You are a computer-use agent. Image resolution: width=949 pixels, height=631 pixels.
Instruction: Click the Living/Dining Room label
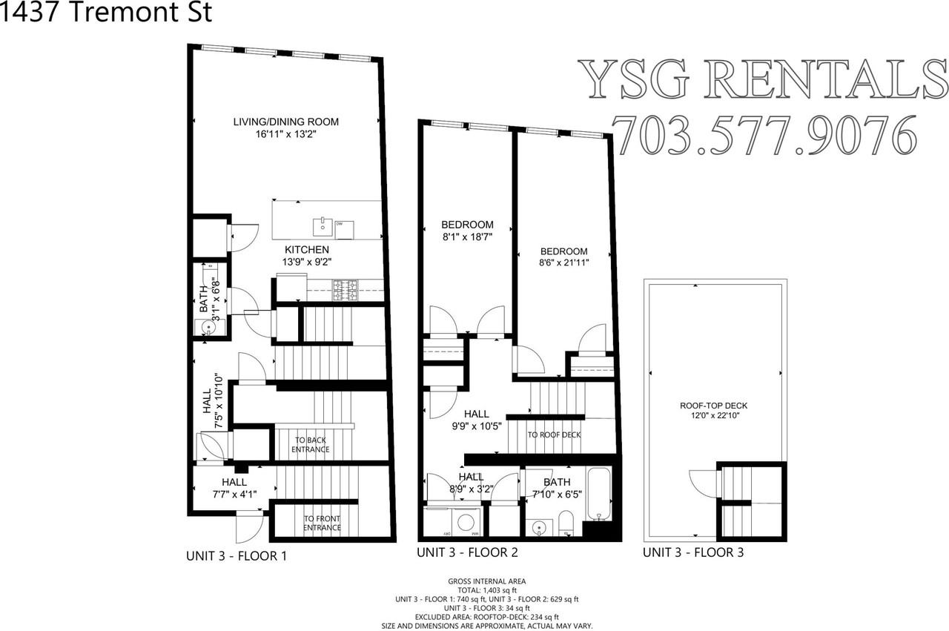pyautogui.click(x=285, y=122)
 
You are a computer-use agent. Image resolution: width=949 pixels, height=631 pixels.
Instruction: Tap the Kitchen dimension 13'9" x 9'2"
pyautogui.click(x=306, y=262)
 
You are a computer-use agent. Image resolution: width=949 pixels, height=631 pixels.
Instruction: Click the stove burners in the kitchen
pyautogui.click(x=345, y=289)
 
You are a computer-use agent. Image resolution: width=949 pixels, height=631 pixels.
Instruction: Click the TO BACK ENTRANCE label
pyautogui.click(x=310, y=445)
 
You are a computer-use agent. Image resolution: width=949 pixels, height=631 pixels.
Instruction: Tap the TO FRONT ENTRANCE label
pyautogui.click(x=322, y=523)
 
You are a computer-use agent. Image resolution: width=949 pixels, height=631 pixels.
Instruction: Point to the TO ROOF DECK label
pyautogui.click(x=554, y=435)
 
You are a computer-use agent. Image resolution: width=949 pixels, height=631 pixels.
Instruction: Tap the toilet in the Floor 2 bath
pyautogui.click(x=565, y=521)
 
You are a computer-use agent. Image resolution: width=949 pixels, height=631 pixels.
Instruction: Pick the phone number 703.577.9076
pyautogui.click(x=762, y=135)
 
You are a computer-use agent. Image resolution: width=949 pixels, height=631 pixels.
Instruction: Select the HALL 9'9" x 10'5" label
pyautogui.click(x=477, y=420)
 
